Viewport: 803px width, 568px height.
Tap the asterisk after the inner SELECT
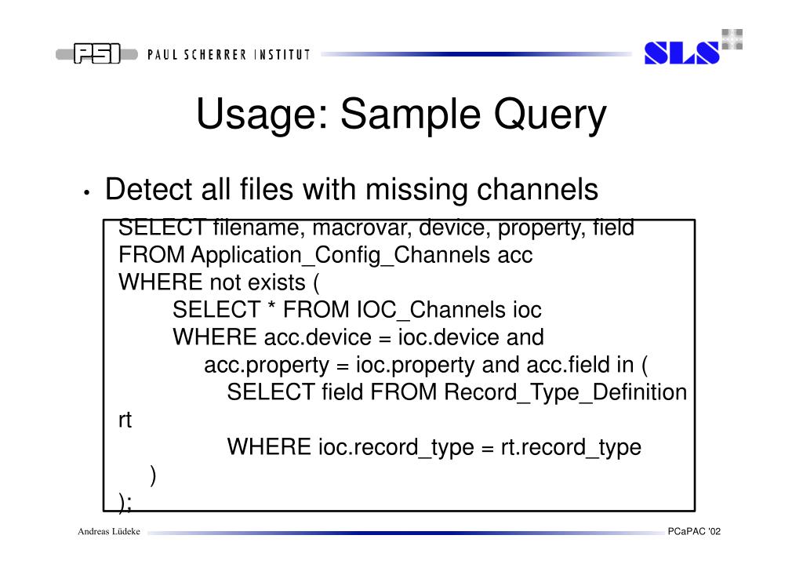pos(271,310)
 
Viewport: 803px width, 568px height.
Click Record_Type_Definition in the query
pos(565,392)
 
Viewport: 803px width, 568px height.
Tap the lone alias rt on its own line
pos(124,420)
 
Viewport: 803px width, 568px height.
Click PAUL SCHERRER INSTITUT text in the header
pos(227,55)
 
